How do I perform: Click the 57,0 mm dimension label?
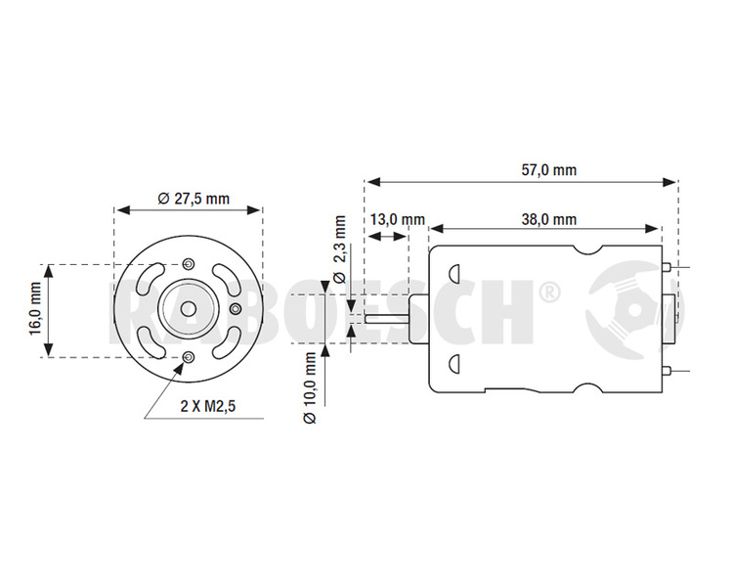coord(549,170)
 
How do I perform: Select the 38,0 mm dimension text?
coord(549,219)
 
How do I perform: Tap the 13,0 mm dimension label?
coord(398,219)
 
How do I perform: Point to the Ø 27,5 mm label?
coord(194,199)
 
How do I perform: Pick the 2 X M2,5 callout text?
coord(208,406)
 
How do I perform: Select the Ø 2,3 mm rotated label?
coord(340,249)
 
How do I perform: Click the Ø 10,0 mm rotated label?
coord(310,388)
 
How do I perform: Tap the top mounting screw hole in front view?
coord(189,263)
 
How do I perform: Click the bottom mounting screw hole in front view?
coord(189,358)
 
